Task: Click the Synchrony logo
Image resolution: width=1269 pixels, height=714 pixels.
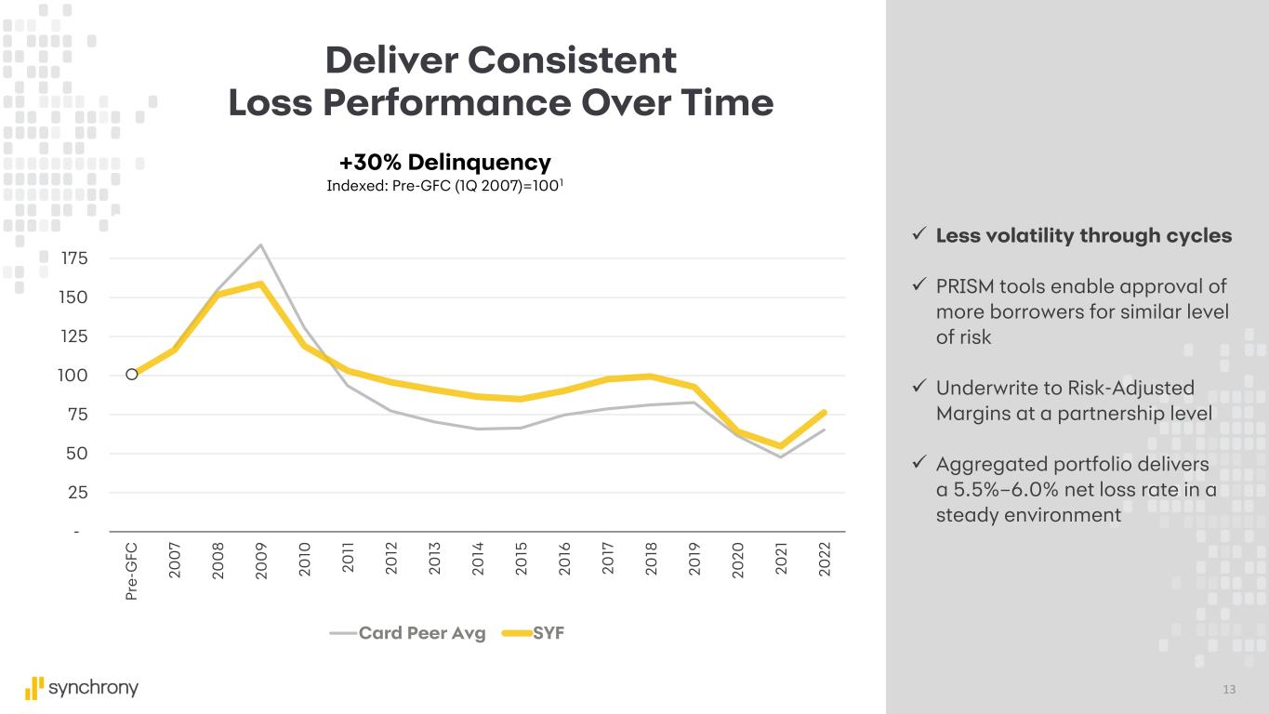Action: tap(82, 688)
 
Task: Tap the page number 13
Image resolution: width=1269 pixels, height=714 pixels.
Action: tap(1230, 689)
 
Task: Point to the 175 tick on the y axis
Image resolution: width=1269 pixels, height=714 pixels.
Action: tap(73, 258)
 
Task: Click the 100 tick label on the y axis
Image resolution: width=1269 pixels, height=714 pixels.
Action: tap(73, 376)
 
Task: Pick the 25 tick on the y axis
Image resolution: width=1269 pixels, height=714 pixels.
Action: tap(78, 493)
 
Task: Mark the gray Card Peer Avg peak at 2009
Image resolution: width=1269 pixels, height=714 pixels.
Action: tap(261, 245)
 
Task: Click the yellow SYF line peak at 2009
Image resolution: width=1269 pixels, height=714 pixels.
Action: tap(261, 284)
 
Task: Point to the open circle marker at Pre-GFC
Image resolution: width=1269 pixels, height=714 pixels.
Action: tap(132, 375)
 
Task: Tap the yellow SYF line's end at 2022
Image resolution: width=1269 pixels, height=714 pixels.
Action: tap(824, 412)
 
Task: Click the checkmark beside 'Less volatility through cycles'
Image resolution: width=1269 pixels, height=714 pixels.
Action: tap(918, 236)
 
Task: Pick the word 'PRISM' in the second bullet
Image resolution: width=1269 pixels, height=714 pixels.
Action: tap(968, 286)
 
